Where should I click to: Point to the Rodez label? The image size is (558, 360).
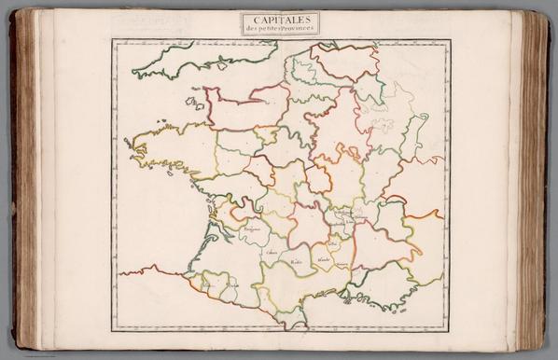297,262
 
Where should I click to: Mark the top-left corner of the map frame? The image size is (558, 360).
113,40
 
